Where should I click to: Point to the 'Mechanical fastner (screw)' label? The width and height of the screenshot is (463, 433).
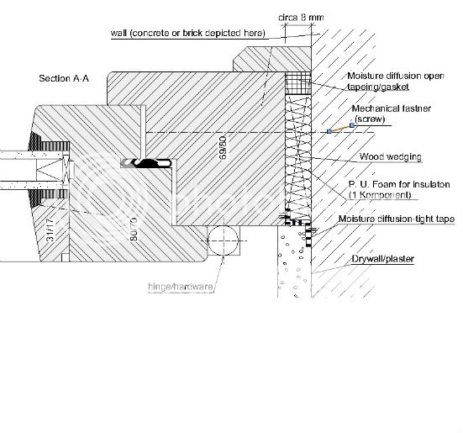tap(387, 114)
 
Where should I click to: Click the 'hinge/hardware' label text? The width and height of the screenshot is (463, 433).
tap(181, 287)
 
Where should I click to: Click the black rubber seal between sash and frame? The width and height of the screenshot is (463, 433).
tap(148, 162)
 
